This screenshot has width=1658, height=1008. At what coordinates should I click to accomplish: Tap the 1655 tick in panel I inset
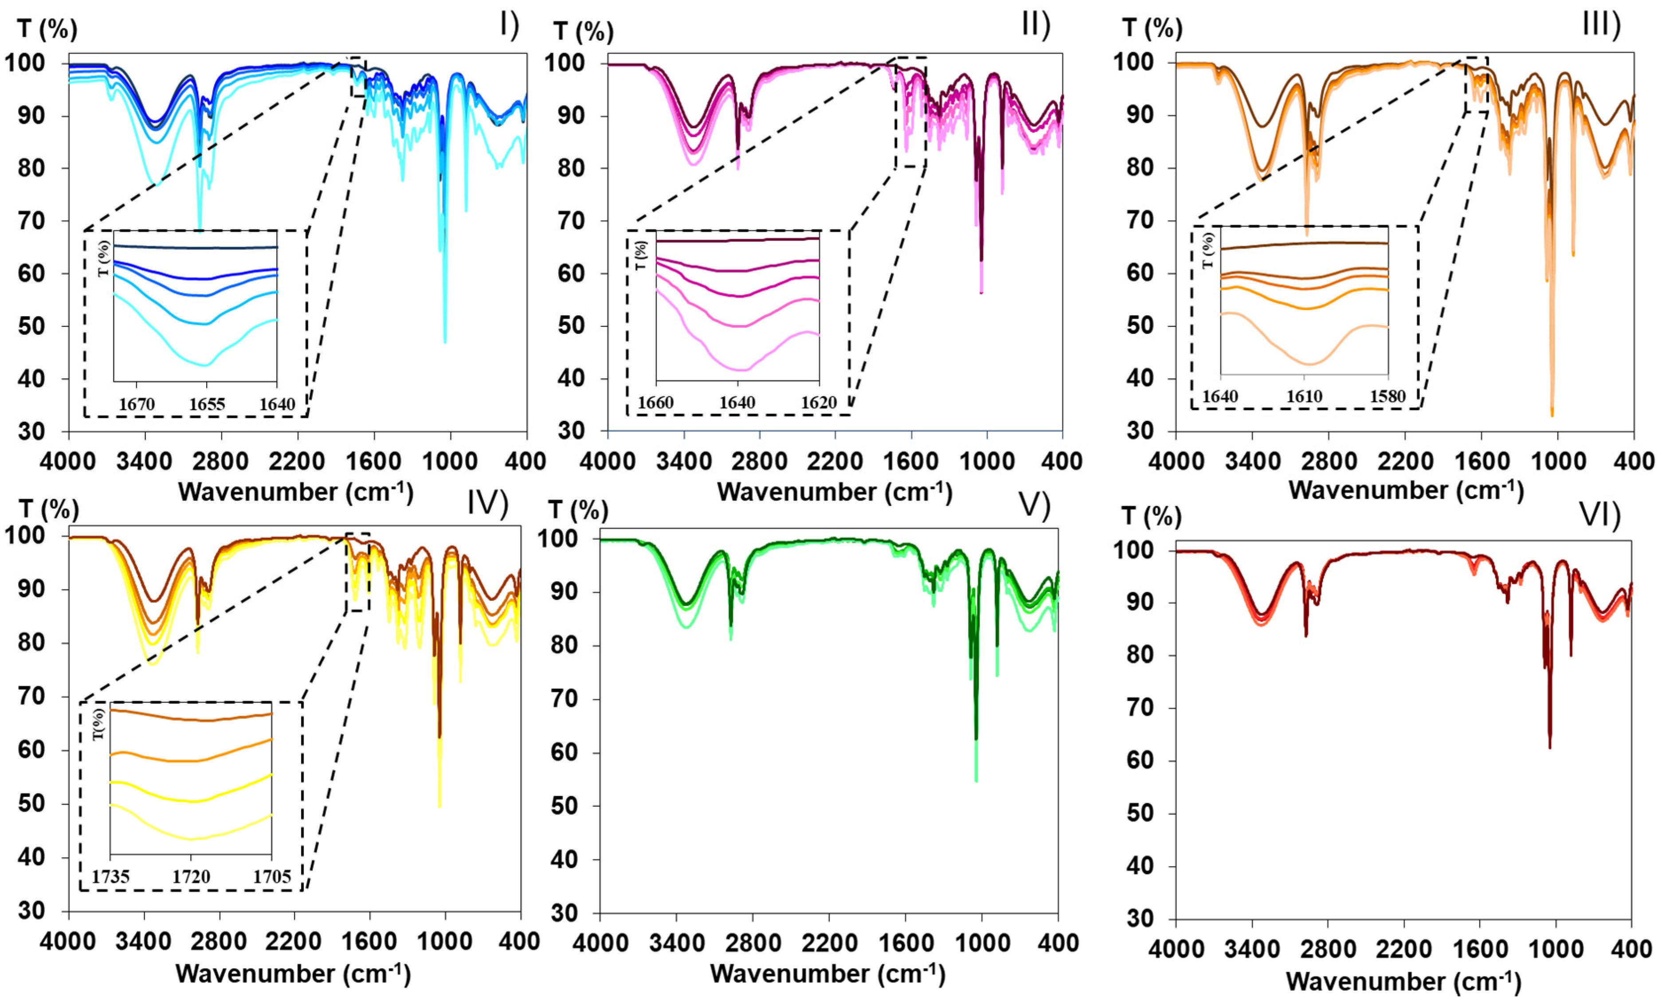pos(207,404)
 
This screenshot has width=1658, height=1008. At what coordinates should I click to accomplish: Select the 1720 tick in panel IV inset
pos(191,877)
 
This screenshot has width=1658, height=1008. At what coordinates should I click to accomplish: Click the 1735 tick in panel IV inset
pos(111,877)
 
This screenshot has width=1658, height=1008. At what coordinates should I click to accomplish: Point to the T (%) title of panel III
pos(1152,28)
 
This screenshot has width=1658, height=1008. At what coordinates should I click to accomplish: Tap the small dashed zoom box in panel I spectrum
pos(358,77)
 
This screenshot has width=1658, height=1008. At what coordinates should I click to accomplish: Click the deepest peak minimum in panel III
pos(1552,415)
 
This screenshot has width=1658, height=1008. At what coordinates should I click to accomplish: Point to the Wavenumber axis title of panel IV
pos(294,974)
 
